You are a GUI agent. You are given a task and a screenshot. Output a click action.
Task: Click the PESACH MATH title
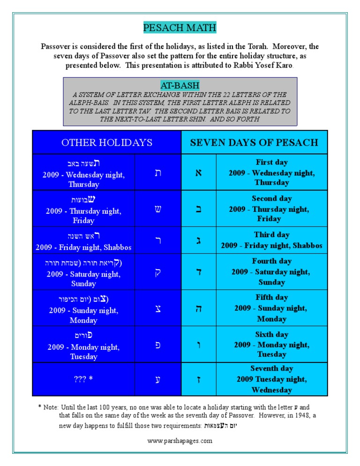pyautogui.click(x=180, y=28)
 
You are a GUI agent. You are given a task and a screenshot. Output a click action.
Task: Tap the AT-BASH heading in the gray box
pyautogui.click(x=180, y=85)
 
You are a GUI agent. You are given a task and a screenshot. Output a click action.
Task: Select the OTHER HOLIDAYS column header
pyautogui.click(x=107, y=143)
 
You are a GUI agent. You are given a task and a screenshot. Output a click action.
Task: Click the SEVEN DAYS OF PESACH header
pyautogui.click(x=254, y=143)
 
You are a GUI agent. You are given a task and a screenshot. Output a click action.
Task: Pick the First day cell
pyautogui.click(x=271, y=172)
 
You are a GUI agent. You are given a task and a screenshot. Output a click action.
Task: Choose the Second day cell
pyautogui.click(x=271, y=209)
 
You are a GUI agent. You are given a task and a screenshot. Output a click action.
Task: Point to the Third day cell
pyautogui.click(x=271, y=240)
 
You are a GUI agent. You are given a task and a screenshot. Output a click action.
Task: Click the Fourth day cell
pyautogui.click(x=271, y=271)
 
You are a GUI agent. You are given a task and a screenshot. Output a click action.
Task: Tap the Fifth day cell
pyautogui.click(x=271, y=308)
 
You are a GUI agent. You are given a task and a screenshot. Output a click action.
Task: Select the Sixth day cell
pyautogui.click(x=271, y=344)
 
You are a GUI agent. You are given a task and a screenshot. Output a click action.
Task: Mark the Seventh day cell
pyautogui.click(x=271, y=379)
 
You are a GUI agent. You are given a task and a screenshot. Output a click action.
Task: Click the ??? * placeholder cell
pyautogui.click(x=83, y=379)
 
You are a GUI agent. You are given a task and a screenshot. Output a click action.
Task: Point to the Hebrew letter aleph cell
pyautogui.click(x=199, y=173)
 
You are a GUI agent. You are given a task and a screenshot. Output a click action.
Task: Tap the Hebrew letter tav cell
pyautogui.click(x=158, y=173)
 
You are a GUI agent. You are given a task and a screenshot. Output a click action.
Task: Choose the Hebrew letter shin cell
pyautogui.click(x=158, y=209)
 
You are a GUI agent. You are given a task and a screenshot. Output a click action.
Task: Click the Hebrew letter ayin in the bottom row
pyautogui.click(x=158, y=379)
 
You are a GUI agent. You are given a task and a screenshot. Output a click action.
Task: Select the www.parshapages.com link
pyautogui.click(x=180, y=441)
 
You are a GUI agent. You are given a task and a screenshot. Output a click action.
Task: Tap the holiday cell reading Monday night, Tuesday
pyautogui.click(x=83, y=344)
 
